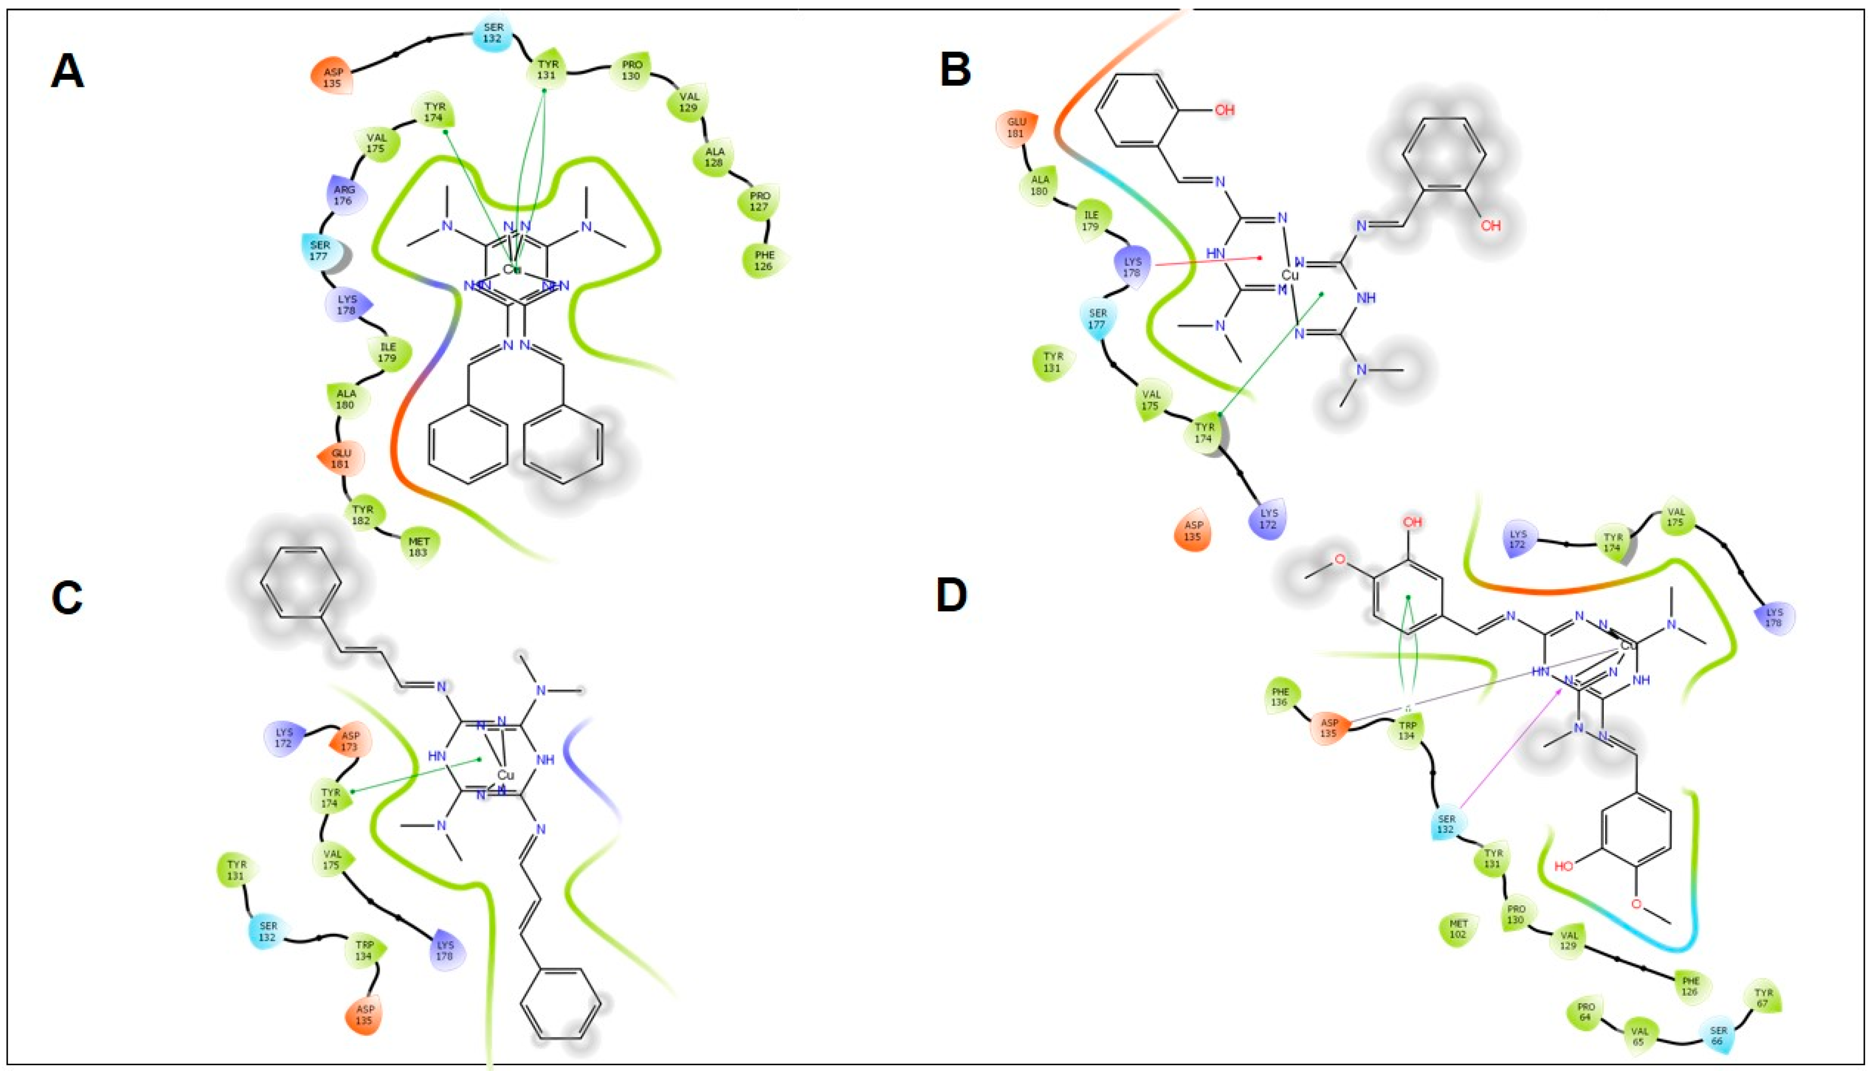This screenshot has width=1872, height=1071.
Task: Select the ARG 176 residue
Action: (x=344, y=195)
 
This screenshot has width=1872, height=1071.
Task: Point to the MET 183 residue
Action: (x=419, y=547)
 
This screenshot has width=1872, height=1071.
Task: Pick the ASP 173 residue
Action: (x=350, y=741)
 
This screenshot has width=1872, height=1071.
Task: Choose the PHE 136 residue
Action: (x=1280, y=696)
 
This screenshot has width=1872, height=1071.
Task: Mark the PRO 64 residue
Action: (x=1586, y=1011)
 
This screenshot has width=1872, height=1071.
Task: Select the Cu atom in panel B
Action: (x=1290, y=275)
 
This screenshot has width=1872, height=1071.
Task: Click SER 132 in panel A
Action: (x=493, y=33)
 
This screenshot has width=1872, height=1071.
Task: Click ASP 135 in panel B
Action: (x=1193, y=530)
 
